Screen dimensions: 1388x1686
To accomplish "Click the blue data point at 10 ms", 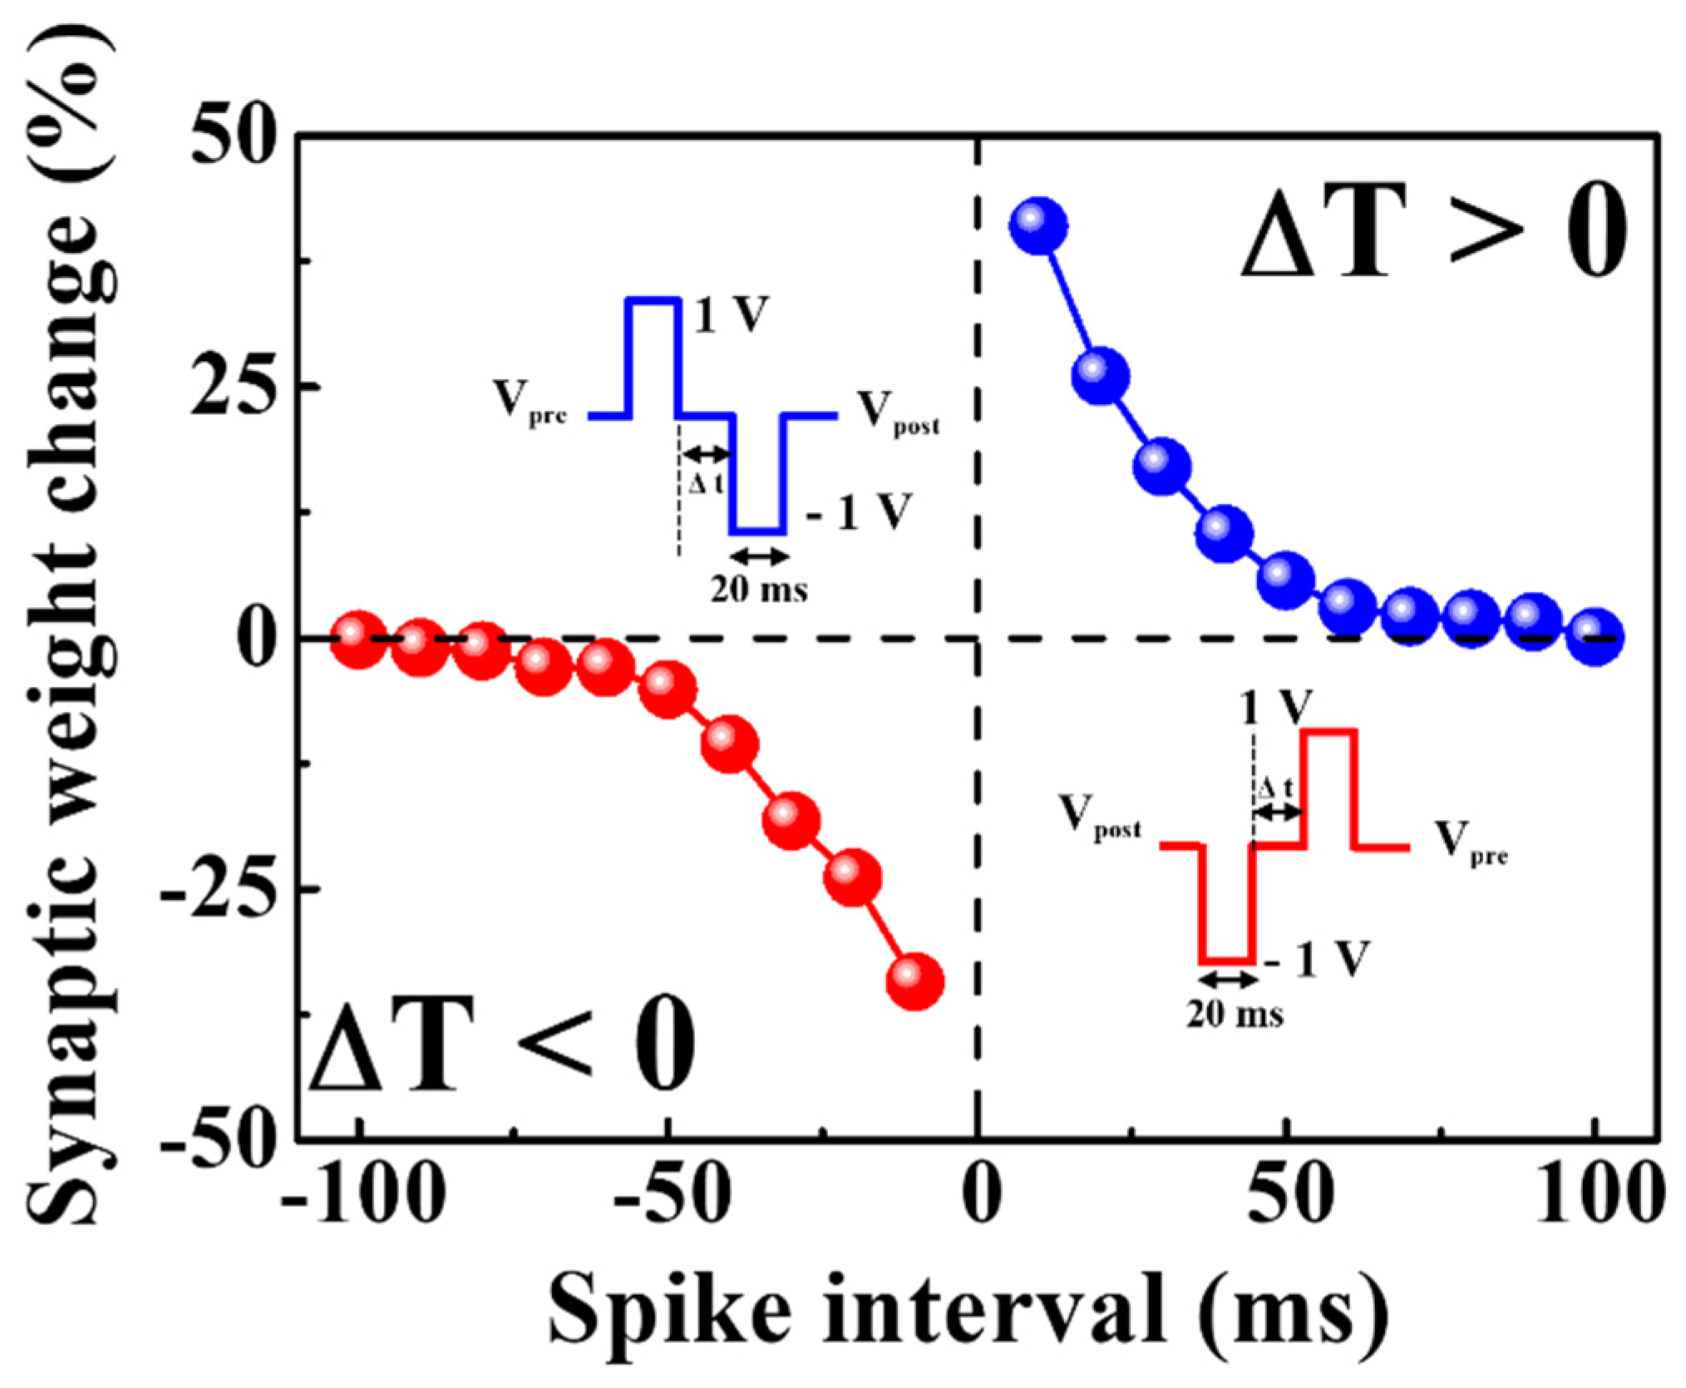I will [1038, 226].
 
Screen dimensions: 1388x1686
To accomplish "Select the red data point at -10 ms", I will [914, 981].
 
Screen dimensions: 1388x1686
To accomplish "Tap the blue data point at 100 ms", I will [1595, 637].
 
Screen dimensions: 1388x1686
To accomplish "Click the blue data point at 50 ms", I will [1285, 580].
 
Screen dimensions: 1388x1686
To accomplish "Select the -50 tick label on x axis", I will [672, 1199].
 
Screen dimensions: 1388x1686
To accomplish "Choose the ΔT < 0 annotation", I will [502, 1045].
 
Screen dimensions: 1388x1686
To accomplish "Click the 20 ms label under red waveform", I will [1234, 1015].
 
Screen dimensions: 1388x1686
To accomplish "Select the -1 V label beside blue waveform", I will [859, 512].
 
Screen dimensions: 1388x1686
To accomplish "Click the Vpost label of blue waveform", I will [898, 413].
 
